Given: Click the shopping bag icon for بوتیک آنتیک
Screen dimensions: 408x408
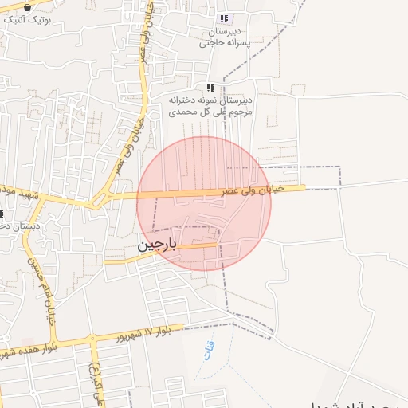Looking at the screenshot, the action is point(28,7).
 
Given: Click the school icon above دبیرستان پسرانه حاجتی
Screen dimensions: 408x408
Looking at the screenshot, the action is point(224,18).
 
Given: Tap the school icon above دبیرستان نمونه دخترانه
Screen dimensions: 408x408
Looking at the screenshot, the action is point(210,88).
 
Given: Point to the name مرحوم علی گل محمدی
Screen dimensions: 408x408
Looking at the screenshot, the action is point(210,112).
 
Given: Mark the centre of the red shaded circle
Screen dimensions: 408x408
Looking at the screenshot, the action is point(204,204).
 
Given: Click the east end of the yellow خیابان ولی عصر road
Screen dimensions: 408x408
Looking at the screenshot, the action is point(304,188).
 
